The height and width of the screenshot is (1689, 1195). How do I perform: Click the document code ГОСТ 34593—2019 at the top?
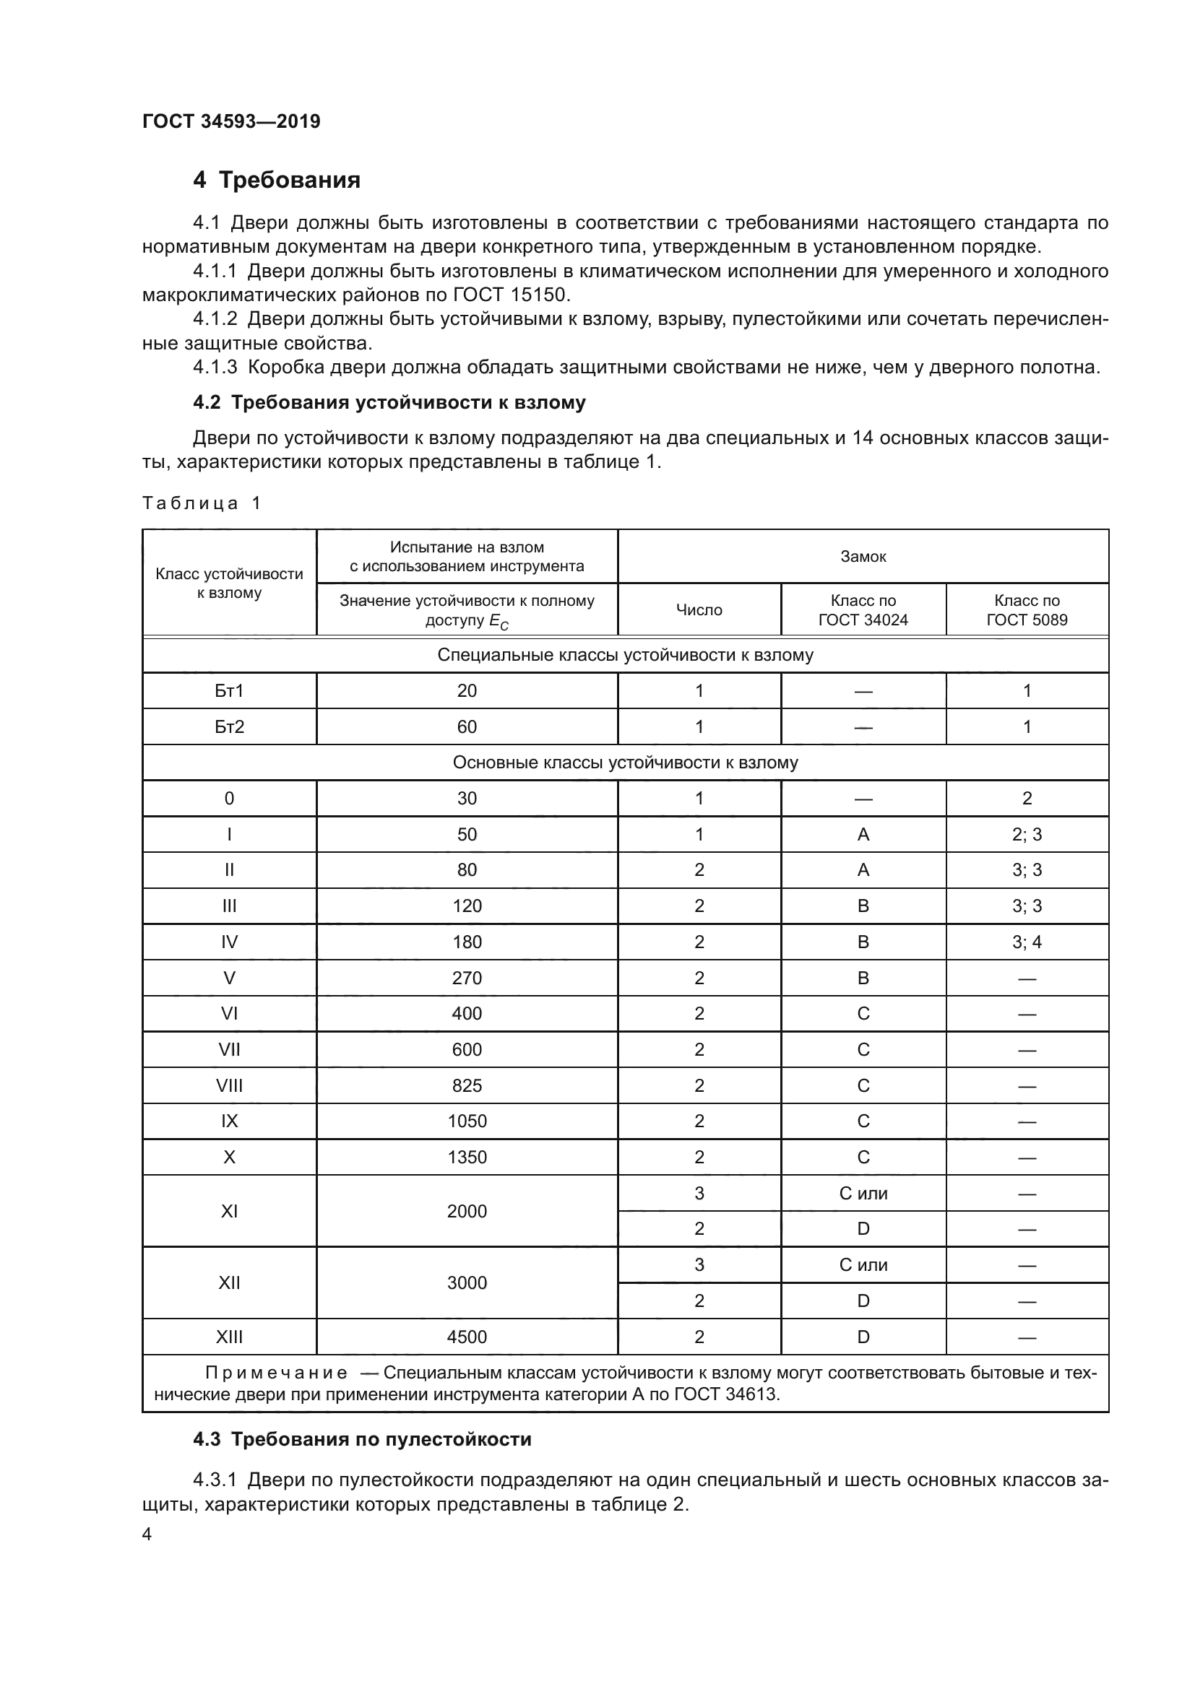coord(231,121)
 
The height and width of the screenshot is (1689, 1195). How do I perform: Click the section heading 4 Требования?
coord(277,180)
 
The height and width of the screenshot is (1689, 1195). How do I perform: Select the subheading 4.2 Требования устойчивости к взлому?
coord(389,402)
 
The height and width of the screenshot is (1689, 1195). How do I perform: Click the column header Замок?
coord(863,557)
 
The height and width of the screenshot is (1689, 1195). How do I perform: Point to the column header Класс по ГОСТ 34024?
coord(863,610)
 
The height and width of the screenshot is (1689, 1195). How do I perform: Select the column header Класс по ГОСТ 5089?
coord(1027,610)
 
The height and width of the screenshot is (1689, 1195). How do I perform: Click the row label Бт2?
coord(229,727)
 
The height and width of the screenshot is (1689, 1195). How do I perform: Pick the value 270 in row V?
coord(467,978)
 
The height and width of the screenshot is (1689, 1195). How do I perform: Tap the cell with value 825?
coord(467,1086)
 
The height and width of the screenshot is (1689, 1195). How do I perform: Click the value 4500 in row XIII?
coord(467,1337)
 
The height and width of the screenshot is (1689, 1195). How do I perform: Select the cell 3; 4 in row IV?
coord(1027,942)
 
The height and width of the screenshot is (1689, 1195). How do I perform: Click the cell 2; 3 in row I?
coord(1027,834)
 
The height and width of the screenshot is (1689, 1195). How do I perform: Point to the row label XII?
coord(229,1283)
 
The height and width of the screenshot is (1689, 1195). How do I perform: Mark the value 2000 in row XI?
coord(467,1211)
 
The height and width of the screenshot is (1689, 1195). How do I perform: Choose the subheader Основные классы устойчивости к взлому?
coord(625,763)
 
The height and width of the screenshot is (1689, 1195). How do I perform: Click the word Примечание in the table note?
coord(276,1373)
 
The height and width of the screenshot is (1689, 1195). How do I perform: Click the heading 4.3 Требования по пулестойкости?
coord(362,1440)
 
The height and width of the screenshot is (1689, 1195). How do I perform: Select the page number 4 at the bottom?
coord(147,1534)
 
